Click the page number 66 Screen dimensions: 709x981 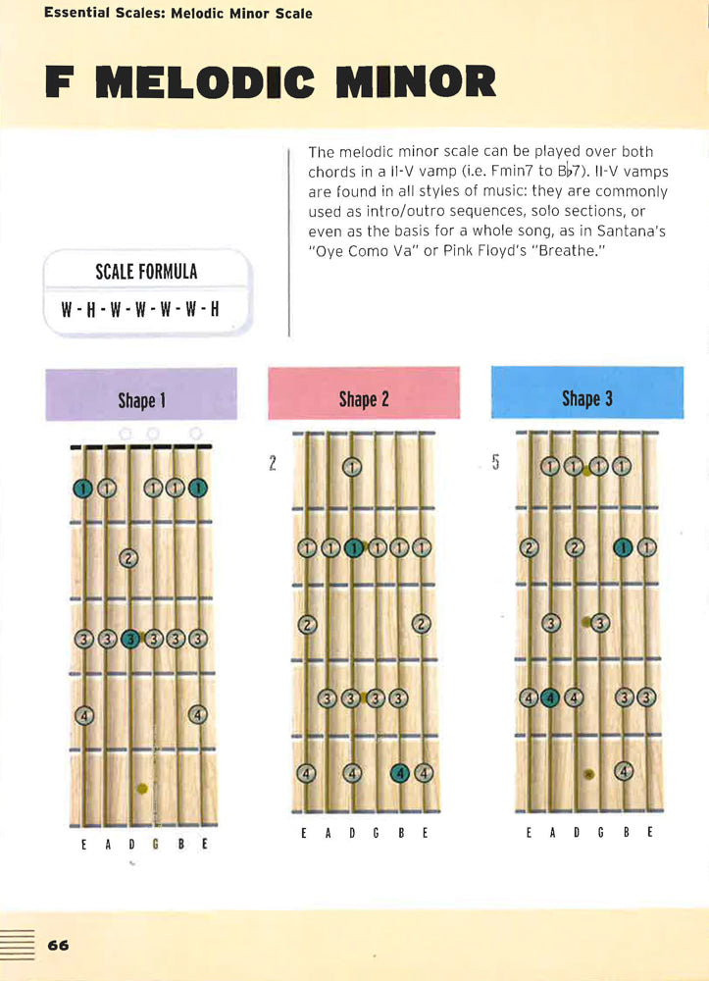coord(58,945)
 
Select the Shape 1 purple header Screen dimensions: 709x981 coord(141,394)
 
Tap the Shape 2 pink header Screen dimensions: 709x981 coord(364,393)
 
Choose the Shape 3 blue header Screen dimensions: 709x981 coord(587,392)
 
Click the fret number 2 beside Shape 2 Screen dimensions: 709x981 coord(273,464)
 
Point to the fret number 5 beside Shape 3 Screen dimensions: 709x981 coord(496,462)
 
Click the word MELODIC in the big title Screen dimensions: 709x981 coord(205,82)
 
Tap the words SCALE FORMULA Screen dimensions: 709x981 coord(146,272)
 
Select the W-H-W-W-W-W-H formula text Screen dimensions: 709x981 coord(140,309)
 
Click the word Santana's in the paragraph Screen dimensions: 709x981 coord(631,231)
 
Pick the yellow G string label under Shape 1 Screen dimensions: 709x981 coord(155,844)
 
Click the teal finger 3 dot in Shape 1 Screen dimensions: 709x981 coord(130,639)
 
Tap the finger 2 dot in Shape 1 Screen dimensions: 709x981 coord(128,558)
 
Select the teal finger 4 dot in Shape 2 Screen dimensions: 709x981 coord(400,774)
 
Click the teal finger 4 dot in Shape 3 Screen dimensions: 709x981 coord(549,697)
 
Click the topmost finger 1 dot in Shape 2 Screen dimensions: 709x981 coord(353,467)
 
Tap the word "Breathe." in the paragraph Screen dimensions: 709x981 coord(569,251)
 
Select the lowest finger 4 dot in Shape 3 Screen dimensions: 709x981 coord(624,771)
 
